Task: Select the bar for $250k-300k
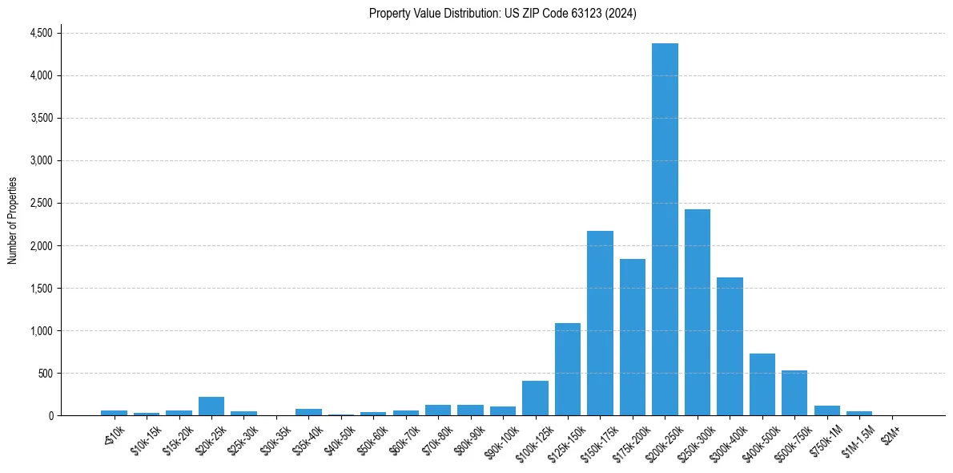point(698,313)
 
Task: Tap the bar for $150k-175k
point(600,323)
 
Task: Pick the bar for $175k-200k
point(633,338)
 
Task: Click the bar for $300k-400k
point(730,346)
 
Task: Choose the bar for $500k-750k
point(794,393)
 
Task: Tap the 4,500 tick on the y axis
point(41,33)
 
